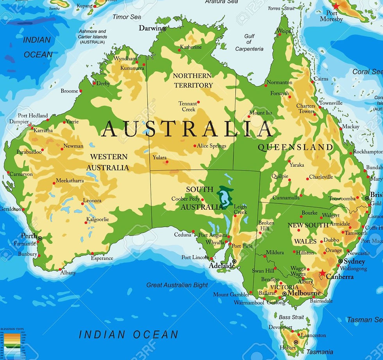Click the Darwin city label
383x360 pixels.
pyautogui.click(x=150, y=28)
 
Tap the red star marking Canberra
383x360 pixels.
pyautogui.click(x=322, y=273)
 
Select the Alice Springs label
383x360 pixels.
pyautogui.click(x=211, y=146)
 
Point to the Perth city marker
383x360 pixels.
pyautogui.click(x=39, y=238)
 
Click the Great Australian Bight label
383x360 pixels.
pyautogui.click(x=177, y=285)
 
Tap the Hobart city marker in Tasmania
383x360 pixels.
pyautogui.click(x=296, y=342)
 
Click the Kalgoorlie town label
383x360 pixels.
pyautogui.click(x=98, y=220)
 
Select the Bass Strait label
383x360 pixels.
pyautogui.click(x=291, y=317)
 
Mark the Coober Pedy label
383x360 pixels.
pyautogui.click(x=185, y=199)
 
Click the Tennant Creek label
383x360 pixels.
pyautogui.click(x=188, y=106)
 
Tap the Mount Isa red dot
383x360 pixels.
pyautogui.click(x=249, y=116)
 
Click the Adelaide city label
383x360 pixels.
pyautogui.click(x=222, y=266)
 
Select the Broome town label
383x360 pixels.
pyautogui.click(x=70, y=91)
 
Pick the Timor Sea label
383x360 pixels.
pyautogui.click(x=127, y=17)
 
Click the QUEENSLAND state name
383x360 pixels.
pyautogui.click(x=295, y=147)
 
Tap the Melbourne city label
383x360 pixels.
pyautogui.click(x=304, y=293)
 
